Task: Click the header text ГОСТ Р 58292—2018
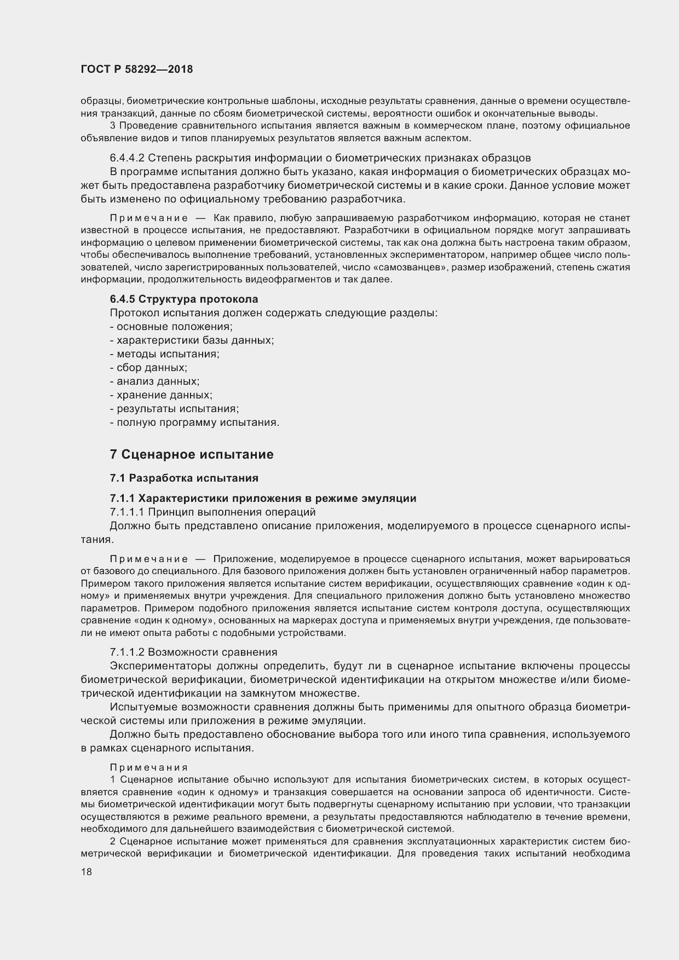tap(136, 70)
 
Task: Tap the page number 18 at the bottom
tap(86, 872)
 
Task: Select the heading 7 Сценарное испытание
tap(191, 454)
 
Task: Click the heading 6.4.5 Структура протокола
tap(184, 299)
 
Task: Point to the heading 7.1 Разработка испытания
tap(184, 478)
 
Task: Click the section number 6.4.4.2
tap(127, 158)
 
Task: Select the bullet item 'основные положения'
tap(171, 327)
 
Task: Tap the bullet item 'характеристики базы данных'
tap(192, 340)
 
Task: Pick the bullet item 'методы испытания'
tap(164, 354)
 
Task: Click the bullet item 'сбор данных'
tap(148, 368)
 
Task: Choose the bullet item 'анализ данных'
tap(154, 381)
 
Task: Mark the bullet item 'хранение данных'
tap(161, 395)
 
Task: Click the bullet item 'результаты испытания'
tap(175, 409)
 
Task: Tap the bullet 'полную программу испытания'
tap(194, 423)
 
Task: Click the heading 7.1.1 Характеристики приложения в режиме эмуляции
tap(263, 498)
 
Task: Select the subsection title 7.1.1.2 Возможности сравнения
tap(193, 652)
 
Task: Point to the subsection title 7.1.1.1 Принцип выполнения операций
tap(212, 512)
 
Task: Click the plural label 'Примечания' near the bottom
tap(149, 767)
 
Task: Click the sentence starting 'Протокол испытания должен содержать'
tap(274, 313)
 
